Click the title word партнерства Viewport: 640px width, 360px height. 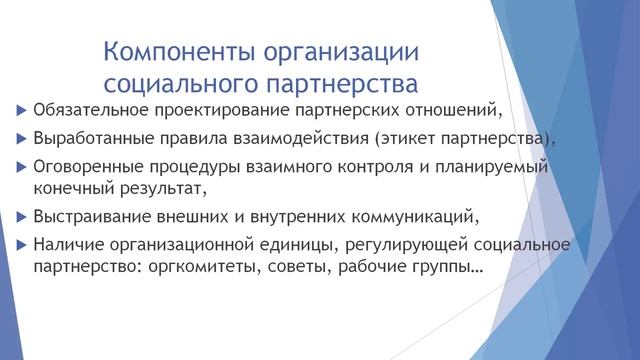(x=339, y=82)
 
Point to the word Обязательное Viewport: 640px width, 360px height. (x=92, y=109)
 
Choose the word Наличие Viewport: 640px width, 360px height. (x=68, y=244)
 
